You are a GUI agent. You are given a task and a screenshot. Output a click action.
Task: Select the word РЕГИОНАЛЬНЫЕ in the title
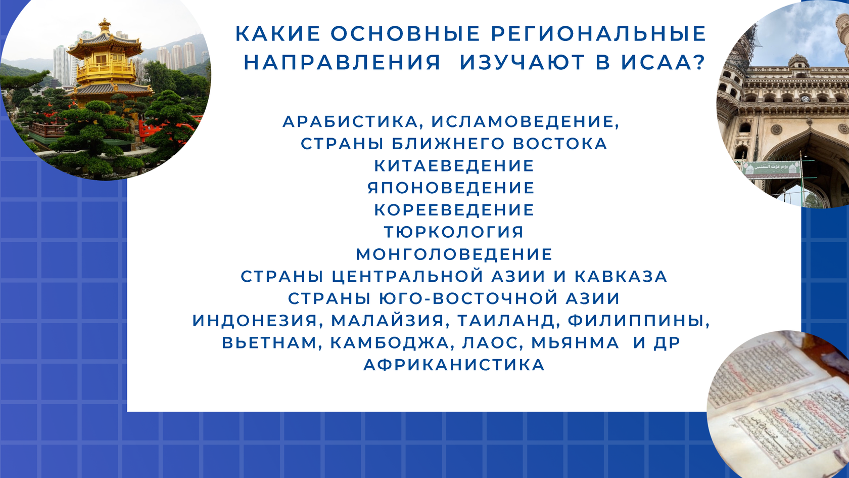(598, 34)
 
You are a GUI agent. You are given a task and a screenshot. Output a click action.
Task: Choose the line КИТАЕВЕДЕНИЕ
(454, 166)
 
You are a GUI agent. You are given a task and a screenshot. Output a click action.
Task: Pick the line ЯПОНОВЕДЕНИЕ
(451, 188)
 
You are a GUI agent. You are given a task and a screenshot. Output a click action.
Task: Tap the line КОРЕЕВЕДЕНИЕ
(454, 210)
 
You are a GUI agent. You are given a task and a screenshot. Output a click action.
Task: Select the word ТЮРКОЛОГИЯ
(454, 232)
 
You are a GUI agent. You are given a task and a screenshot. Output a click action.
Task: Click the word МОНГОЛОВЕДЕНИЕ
(454, 254)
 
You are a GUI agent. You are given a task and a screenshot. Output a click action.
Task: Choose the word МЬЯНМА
(575, 343)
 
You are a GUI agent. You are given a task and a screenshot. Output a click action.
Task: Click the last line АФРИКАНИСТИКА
(454, 365)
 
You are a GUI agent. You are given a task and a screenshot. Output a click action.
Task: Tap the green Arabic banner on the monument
(772, 168)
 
